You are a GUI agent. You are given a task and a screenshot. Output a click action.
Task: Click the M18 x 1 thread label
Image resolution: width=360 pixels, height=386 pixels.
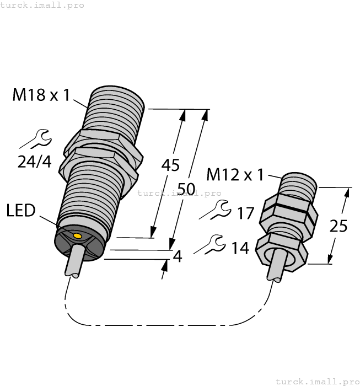(x=41, y=95)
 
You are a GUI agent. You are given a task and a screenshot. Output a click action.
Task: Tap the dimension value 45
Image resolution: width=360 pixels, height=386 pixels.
(x=170, y=165)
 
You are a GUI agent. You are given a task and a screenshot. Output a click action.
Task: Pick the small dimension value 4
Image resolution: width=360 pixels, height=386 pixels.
(x=177, y=256)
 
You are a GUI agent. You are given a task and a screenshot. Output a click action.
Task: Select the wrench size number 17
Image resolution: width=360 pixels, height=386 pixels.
(x=246, y=213)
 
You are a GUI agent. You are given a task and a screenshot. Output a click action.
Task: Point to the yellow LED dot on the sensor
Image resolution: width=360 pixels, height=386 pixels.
(x=77, y=237)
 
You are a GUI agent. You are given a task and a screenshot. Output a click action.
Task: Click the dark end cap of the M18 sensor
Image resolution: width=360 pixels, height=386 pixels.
(x=79, y=243)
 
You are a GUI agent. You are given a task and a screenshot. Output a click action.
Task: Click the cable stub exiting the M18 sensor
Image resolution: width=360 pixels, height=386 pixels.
(x=73, y=264)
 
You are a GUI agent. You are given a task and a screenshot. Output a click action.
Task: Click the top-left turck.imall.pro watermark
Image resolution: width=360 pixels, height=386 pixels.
(x=42, y=5)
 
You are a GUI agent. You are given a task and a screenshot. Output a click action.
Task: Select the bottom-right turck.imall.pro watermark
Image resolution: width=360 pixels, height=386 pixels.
(x=316, y=381)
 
